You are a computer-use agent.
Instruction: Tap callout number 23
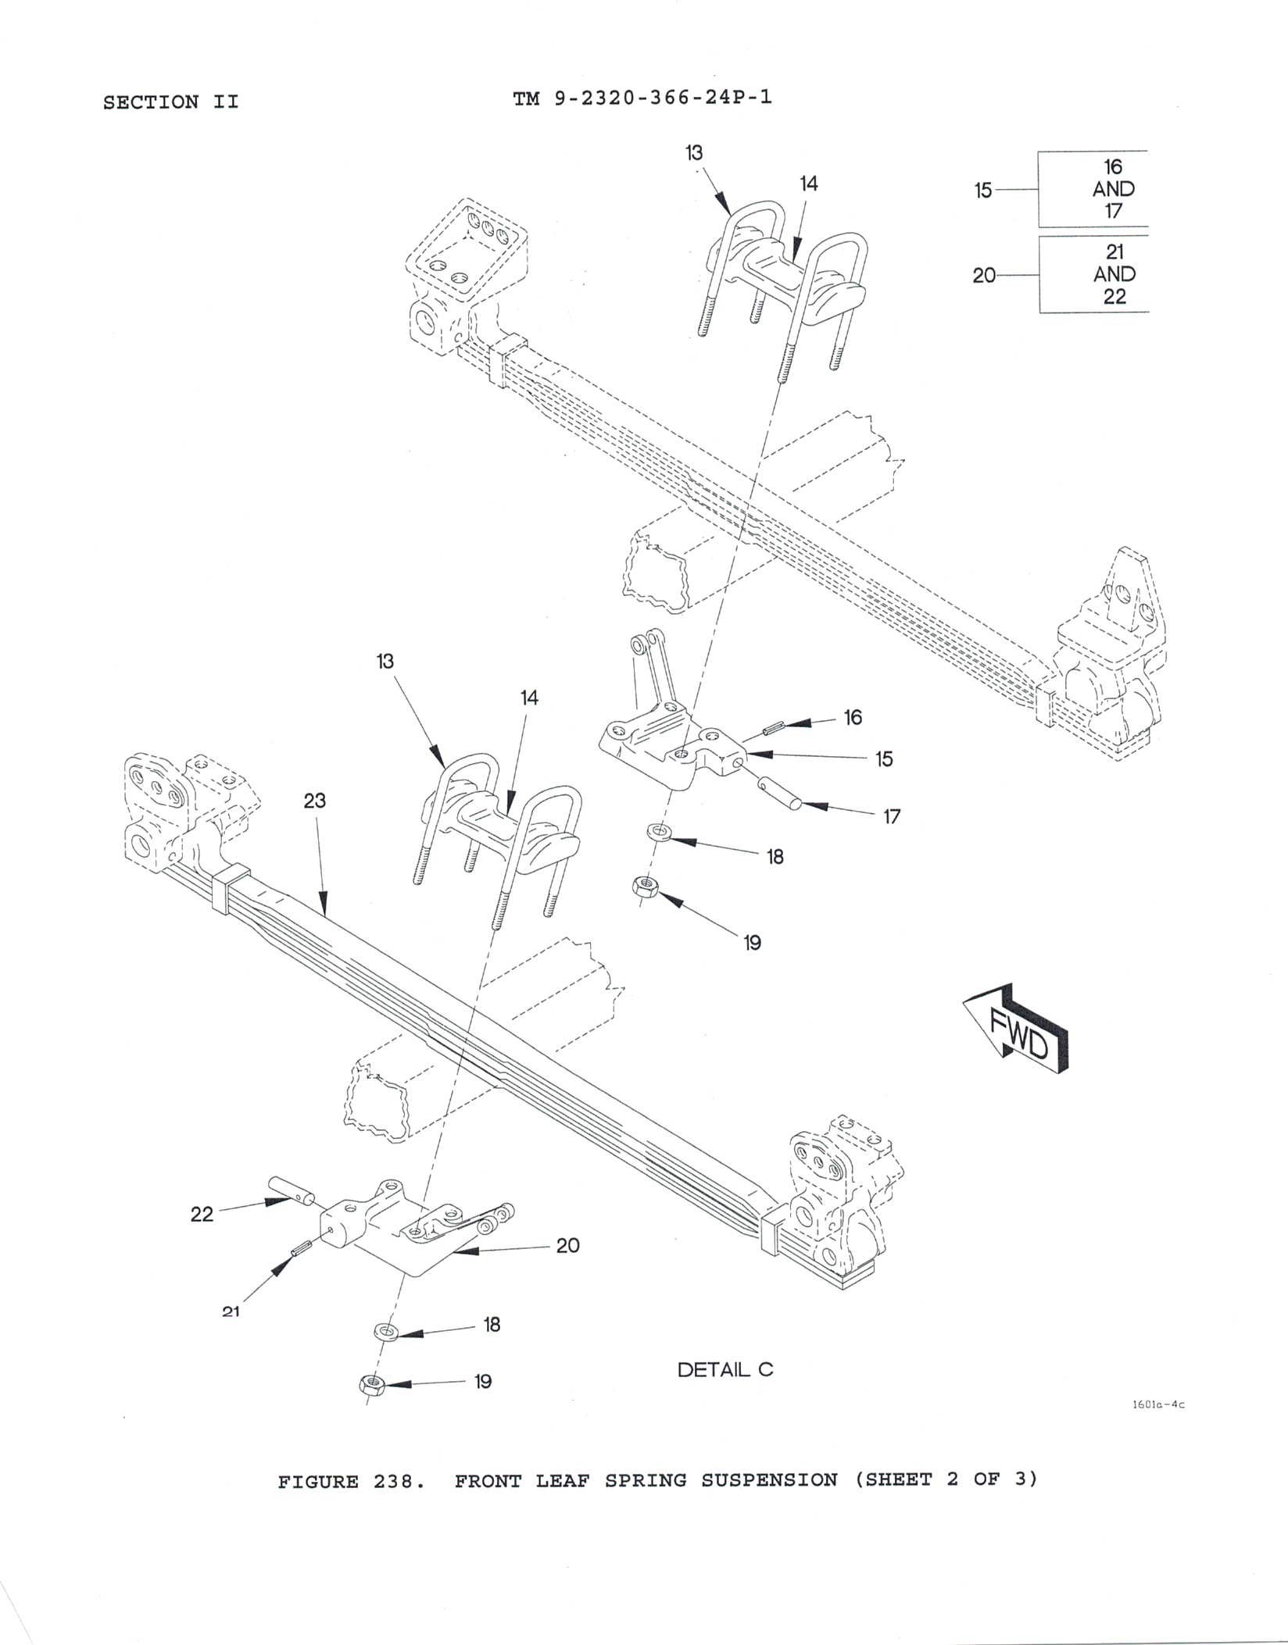pos(314,801)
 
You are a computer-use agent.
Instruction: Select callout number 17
pos(892,817)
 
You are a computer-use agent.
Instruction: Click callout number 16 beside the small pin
pos(853,717)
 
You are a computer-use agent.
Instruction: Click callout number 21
pos(231,1312)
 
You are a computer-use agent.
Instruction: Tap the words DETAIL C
pos(724,1369)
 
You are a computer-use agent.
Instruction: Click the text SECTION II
pos(170,102)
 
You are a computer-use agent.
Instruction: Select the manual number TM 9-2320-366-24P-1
pos(642,98)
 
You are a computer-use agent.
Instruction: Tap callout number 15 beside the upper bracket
pos(883,759)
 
